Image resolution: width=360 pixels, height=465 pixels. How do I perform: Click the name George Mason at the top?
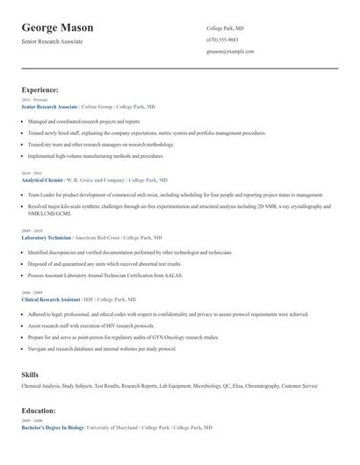pyautogui.click(x=57, y=28)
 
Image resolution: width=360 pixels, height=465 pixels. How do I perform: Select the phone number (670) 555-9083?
pyautogui.click(x=222, y=39)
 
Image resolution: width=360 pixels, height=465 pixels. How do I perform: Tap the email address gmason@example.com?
pyautogui.click(x=230, y=51)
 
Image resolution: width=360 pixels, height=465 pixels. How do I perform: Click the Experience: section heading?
pyautogui.click(x=40, y=89)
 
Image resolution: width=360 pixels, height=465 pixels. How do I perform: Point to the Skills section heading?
pyautogui.click(x=31, y=375)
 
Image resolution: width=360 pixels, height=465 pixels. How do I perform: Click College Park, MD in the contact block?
pyautogui.click(x=226, y=28)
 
